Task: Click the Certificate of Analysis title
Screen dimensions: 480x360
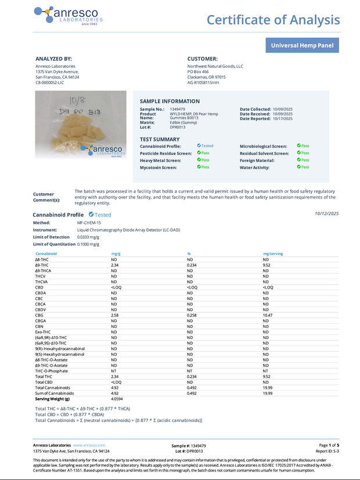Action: point(273,20)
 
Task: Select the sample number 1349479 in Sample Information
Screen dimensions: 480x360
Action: point(177,109)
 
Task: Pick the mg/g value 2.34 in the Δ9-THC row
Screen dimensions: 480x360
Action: point(115,265)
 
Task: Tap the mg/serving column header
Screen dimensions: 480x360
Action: point(273,254)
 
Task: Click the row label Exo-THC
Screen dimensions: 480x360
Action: point(43,331)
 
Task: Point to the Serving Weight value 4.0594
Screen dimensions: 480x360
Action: point(117,399)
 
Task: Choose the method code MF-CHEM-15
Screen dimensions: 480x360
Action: point(89,222)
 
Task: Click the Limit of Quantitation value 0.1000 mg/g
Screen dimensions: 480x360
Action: point(89,244)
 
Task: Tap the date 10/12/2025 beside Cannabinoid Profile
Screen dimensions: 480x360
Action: point(326,214)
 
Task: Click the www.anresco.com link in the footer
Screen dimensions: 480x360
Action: point(89,445)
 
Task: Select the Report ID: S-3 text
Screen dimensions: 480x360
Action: point(327,450)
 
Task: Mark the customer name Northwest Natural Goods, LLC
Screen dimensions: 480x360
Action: point(215,66)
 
